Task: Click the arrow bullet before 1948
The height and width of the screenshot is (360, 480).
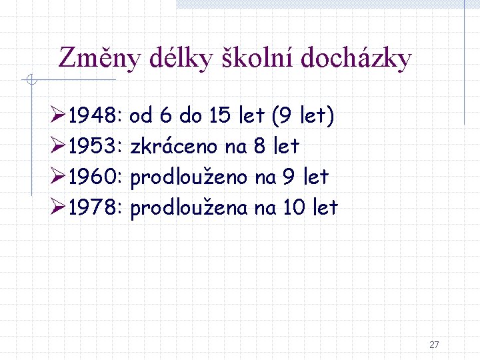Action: (58, 117)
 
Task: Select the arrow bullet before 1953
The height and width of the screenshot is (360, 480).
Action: (58, 146)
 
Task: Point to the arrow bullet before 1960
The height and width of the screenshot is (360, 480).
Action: (58, 177)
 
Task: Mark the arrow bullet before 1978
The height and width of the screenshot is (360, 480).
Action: (58, 207)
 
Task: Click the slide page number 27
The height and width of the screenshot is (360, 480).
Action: (434, 345)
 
